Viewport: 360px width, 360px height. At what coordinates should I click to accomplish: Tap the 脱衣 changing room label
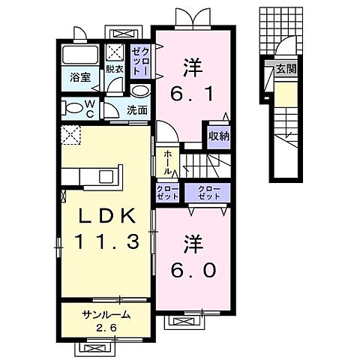pos(114,69)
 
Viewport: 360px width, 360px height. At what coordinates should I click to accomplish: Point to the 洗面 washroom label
pos(136,109)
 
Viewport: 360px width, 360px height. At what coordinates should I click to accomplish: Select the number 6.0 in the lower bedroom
pos(192,268)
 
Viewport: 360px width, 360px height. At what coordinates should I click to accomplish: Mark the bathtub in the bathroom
pos(78,55)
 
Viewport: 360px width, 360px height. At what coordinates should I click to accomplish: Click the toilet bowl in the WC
pos(73,108)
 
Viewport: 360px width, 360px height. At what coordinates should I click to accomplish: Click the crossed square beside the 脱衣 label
pos(115,52)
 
